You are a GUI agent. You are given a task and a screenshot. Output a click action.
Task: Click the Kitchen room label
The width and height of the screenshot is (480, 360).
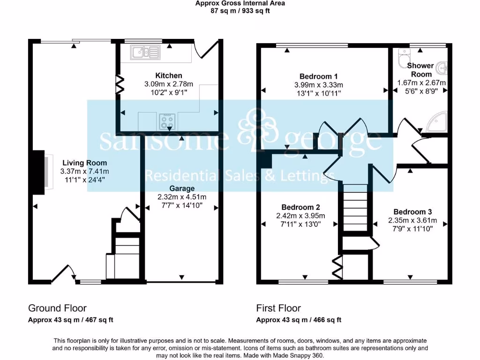pos(169,75)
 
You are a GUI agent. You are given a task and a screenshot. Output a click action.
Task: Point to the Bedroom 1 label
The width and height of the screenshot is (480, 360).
pos(319,76)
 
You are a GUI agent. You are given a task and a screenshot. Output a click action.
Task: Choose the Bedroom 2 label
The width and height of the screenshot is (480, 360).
pos(300,207)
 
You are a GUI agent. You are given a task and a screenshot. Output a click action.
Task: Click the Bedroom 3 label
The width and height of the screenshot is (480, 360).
pos(412,211)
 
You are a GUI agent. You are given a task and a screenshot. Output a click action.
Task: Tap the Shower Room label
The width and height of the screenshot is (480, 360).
pos(421,70)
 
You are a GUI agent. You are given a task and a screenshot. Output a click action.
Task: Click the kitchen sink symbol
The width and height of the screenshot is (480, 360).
pos(146,52)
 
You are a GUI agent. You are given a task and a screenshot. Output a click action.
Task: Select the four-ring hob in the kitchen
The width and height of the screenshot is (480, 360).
pos(166,121)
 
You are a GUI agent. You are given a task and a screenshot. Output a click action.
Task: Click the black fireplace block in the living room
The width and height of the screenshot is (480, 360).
pos(38,171)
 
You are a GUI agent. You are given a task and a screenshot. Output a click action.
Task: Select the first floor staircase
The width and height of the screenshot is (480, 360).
pos(354,207)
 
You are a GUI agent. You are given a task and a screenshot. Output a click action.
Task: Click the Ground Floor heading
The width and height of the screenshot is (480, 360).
pos(57,308)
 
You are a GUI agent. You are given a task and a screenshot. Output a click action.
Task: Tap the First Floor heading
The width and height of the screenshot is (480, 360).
pos(278,308)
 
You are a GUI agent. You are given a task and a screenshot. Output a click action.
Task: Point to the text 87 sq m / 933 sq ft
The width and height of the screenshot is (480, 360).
pos(240,11)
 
